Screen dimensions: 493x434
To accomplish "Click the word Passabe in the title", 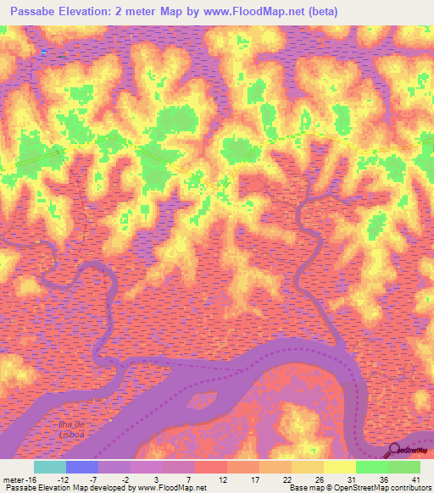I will click(x=32, y=11).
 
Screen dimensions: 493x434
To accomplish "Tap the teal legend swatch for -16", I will click(x=49, y=467).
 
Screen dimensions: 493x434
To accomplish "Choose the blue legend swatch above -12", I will click(x=81, y=467).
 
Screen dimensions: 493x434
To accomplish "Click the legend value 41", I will click(x=415, y=479).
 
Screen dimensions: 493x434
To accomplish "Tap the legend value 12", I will click(x=221, y=479).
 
